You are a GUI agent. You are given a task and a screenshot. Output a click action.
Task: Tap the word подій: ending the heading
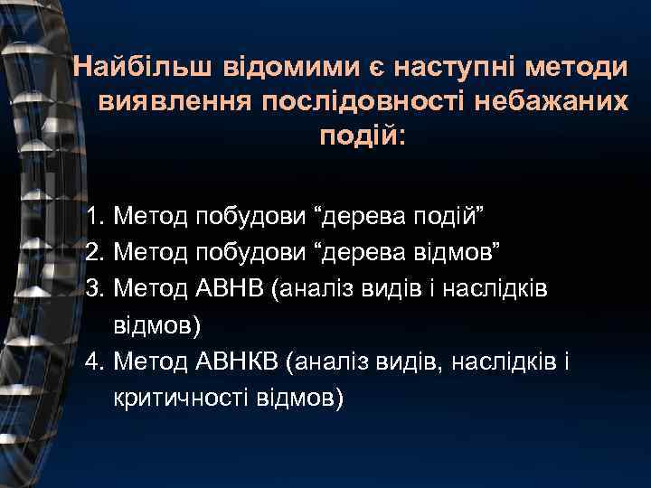[x=363, y=137]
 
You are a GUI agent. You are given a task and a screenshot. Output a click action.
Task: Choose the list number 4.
[x=96, y=362]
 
